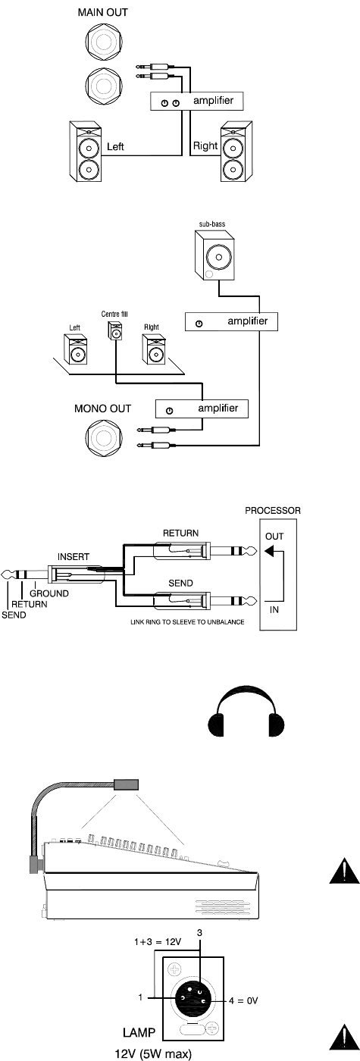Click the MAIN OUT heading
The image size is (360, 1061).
pos(103,12)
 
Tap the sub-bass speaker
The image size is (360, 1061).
pos(214,255)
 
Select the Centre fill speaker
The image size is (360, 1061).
pos(114,330)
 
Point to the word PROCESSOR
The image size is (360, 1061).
pos(272,511)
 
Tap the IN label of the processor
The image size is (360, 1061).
pos(274,609)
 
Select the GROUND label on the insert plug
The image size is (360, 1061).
pos(49,593)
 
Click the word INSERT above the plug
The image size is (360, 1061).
pos(74,556)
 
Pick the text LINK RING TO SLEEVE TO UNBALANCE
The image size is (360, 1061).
pos(187,621)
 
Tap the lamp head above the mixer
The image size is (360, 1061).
pos(126,784)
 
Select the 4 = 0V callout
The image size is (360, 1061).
pos(244,1000)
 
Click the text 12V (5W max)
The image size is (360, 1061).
pos(153,1053)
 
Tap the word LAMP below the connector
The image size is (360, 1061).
pos(139,1032)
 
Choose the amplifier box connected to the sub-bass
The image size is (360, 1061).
pos(231,321)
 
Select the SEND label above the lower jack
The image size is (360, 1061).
pos(180,583)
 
